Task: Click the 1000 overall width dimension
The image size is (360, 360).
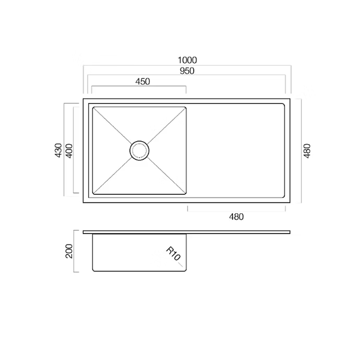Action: pos(188,60)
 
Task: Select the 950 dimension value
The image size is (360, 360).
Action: pos(187,71)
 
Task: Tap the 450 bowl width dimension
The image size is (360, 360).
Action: pos(143,82)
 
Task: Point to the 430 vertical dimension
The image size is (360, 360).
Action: pos(59,150)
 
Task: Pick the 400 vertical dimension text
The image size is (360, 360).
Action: pos(69,150)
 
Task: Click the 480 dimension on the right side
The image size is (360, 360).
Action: pos(307,151)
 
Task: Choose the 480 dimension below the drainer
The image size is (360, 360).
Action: pos(236,217)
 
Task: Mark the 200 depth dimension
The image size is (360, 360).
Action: pos(69,251)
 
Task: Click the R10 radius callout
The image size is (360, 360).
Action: pos(173,253)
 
